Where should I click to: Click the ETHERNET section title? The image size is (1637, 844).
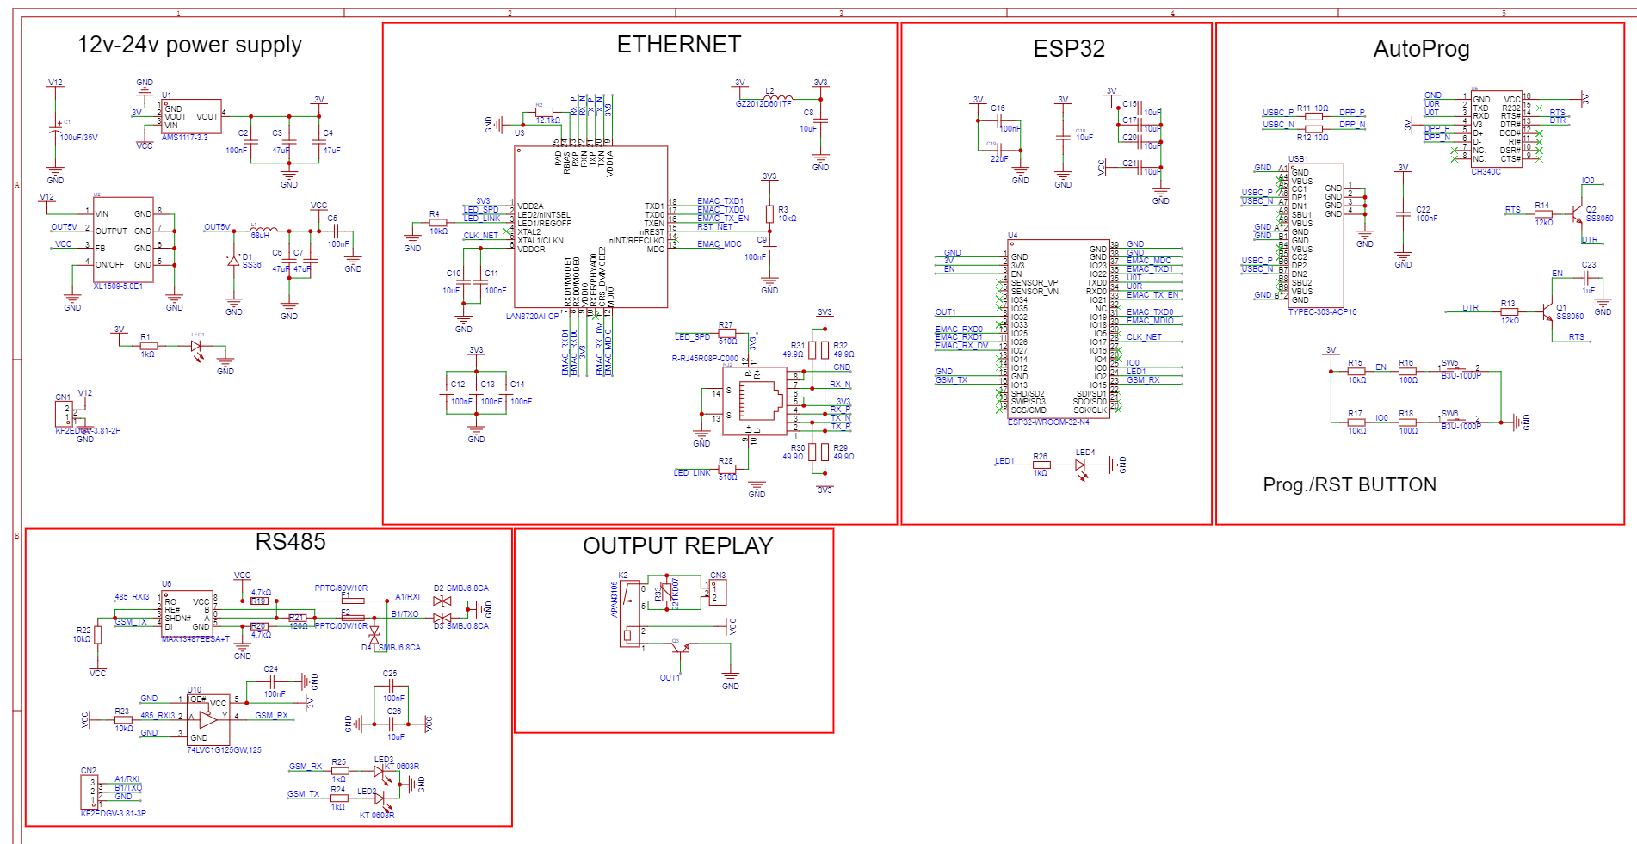[678, 45]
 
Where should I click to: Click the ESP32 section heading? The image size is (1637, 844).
[1068, 49]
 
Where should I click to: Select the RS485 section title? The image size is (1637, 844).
[290, 542]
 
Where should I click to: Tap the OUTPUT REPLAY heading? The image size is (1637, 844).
[677, 546]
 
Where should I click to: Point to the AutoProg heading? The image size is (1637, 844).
[1421, 49]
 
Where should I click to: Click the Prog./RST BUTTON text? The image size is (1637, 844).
[1349, 485]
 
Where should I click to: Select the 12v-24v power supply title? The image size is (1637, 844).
[189, 45]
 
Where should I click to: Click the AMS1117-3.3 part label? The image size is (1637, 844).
[184, 138]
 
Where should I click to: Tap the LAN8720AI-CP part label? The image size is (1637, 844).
[532, 317]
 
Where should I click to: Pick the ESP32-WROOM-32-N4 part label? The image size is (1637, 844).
[1048, 422]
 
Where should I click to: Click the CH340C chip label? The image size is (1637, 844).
[1486, 172]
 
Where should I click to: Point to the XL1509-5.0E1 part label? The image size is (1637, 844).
[118, 286]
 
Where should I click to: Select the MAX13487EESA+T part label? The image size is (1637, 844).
[195, 639]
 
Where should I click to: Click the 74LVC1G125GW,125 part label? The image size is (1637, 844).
[224, 750]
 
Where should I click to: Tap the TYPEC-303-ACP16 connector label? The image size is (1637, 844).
[1322, 312]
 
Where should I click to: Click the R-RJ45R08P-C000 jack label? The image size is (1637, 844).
[705, 359]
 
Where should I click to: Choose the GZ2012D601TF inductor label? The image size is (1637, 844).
[763, 104]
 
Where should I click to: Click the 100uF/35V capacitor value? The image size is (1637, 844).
[78, 138]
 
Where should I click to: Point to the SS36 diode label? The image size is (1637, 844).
[251, 265]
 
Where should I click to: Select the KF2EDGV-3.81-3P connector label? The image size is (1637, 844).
[113, 813]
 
